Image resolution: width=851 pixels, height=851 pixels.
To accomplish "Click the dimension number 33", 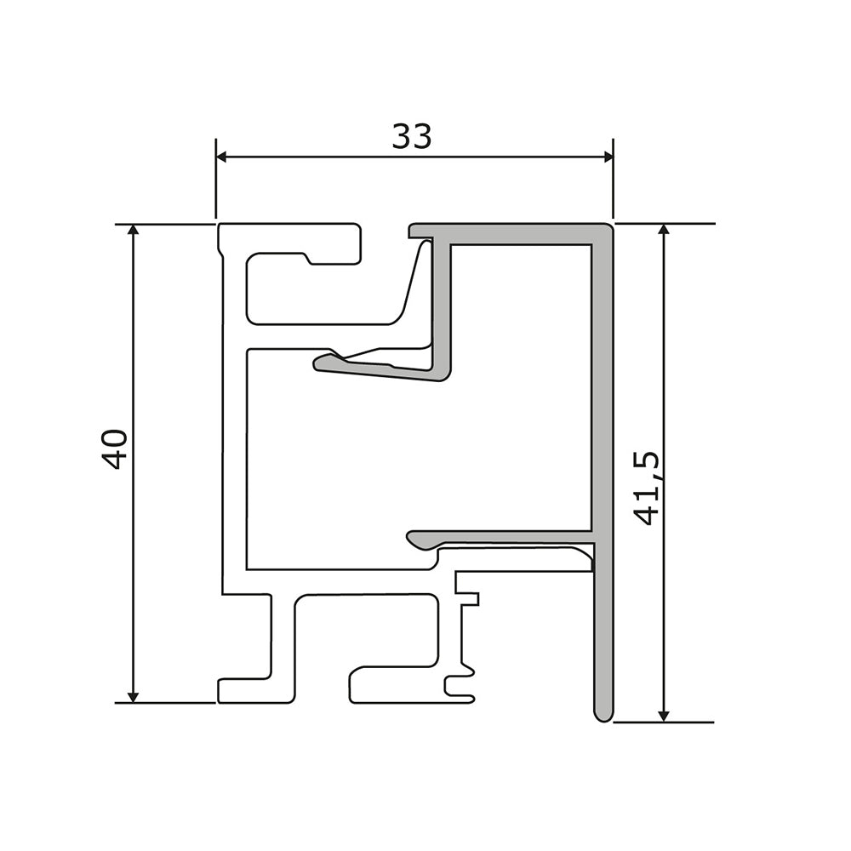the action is (412, 136).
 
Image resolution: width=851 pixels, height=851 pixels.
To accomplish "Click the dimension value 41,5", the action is (647, 488).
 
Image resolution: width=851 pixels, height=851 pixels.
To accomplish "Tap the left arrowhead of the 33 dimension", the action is (221, 157).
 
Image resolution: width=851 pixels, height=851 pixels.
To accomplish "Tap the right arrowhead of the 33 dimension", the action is (608, 157).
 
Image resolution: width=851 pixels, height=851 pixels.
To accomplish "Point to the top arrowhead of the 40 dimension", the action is (133, 230).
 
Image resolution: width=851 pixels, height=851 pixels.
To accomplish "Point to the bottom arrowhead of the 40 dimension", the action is (133, 696).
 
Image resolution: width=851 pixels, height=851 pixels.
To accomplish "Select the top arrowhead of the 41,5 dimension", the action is (663, 230).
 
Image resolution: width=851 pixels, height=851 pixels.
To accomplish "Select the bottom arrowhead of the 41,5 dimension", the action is (663, 716).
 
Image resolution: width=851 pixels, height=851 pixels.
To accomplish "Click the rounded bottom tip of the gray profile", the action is (603, 717).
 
